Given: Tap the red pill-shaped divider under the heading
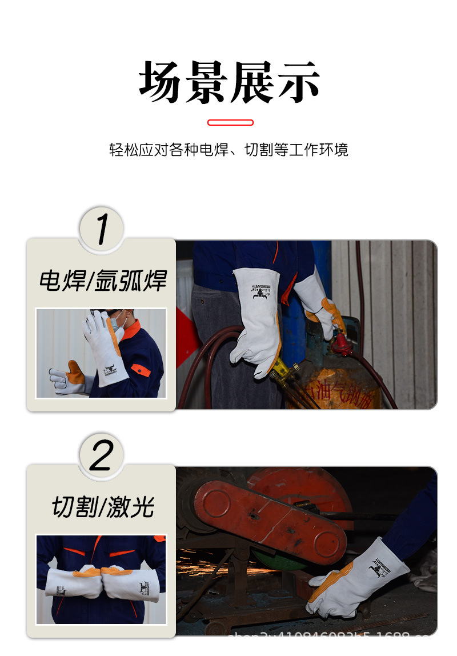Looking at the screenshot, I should point(230,122).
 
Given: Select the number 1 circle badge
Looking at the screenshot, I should point(101,229).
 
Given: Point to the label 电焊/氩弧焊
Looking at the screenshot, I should point(102,281).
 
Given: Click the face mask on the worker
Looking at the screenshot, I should point(117,323).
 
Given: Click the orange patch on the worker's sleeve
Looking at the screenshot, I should point(140,369).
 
